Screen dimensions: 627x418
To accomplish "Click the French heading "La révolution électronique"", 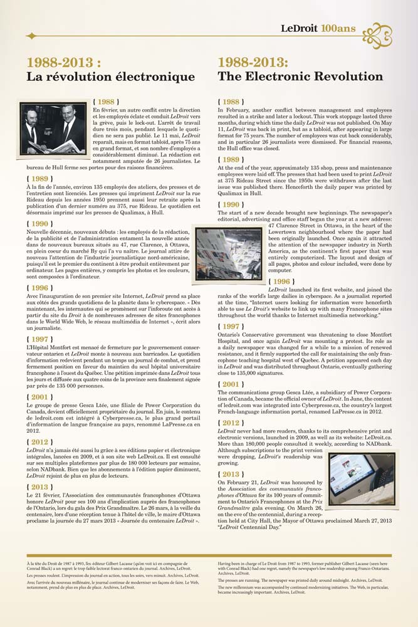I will coord(110,76).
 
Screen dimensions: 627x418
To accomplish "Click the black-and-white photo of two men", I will coord(54,129).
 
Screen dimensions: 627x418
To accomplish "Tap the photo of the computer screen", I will coord(362,461).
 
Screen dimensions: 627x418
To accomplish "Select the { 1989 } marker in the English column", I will coord(231,160).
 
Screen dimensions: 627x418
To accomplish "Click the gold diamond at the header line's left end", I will coord(30,36).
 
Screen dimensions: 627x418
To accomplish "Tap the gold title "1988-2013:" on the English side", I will coord(253,62).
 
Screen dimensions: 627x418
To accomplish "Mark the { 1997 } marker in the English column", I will coord(231,326).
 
